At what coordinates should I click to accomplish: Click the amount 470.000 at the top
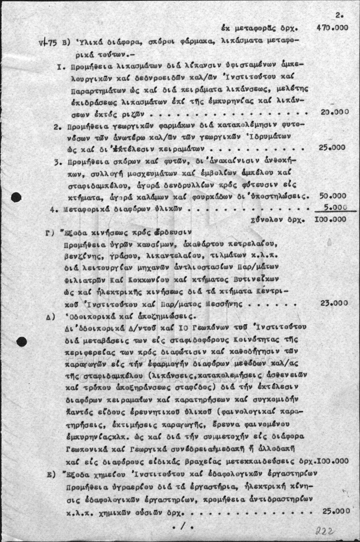click(332, 28)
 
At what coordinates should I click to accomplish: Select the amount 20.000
click(334, 112)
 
